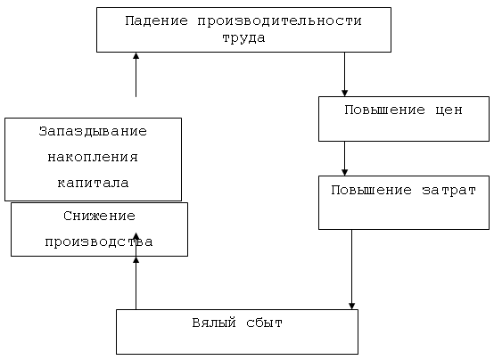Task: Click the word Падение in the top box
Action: point(156,21)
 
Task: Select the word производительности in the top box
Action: point(279,21)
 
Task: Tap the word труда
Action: point(243,38)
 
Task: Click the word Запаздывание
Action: point(93,131)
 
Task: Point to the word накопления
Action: point(93,157)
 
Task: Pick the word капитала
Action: point(93,183)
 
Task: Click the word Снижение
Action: point(99,216)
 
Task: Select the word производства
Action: point(99,242)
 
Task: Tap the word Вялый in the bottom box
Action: point(214,323)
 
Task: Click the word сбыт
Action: point(264,323)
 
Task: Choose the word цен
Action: point(449,110)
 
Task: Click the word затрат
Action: point(449,191)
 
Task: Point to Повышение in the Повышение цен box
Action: point(384,110)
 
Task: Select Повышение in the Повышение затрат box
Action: point(372,190)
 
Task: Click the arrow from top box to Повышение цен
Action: point(345,74)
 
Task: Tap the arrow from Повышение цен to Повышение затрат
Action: point(345,159)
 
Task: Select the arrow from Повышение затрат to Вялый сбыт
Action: point(352,270)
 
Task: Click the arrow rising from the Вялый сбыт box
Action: point(136,282)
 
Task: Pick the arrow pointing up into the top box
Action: point(136,75)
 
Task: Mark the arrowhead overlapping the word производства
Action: point(136,236)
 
